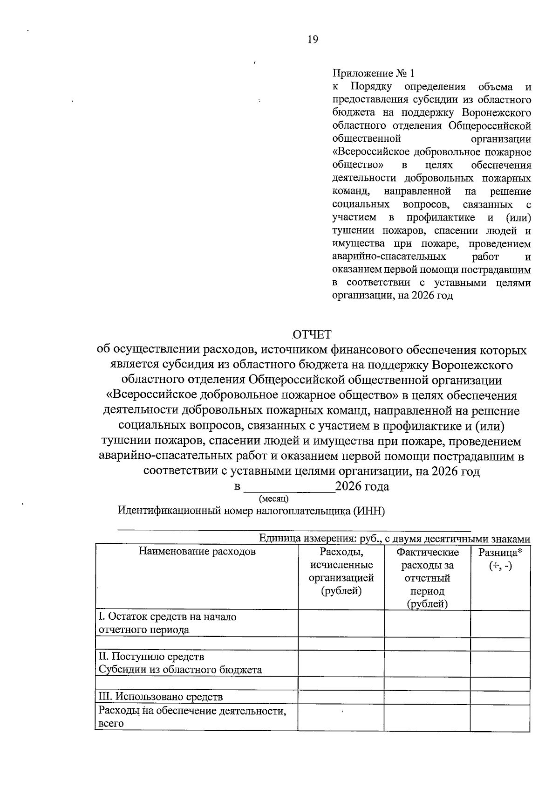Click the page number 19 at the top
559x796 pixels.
click(313, 40)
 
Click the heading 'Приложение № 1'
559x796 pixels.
click(373, 74)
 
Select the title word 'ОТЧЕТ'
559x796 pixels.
click(312, 334)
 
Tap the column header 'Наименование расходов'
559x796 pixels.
click(197, 552)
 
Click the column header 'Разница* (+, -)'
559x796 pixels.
click(500, 559)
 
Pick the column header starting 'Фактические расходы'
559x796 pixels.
click(427, 578)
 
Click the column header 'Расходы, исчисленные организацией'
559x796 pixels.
click(341, 572)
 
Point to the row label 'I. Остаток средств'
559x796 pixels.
click(167, 616)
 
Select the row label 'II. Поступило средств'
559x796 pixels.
click(151, 657)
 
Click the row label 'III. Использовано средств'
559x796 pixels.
click(161, 697)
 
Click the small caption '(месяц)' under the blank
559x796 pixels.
click(273, 499)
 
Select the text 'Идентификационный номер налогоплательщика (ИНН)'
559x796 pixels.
click(251, 511)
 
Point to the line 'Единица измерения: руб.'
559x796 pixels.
click(394, 539)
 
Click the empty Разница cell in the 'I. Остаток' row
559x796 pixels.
click(500, 623)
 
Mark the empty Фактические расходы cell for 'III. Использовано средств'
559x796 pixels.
click(427, 698)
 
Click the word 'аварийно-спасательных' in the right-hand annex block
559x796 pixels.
click(389, 256)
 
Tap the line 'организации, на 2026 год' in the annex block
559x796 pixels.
click(392, 296)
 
